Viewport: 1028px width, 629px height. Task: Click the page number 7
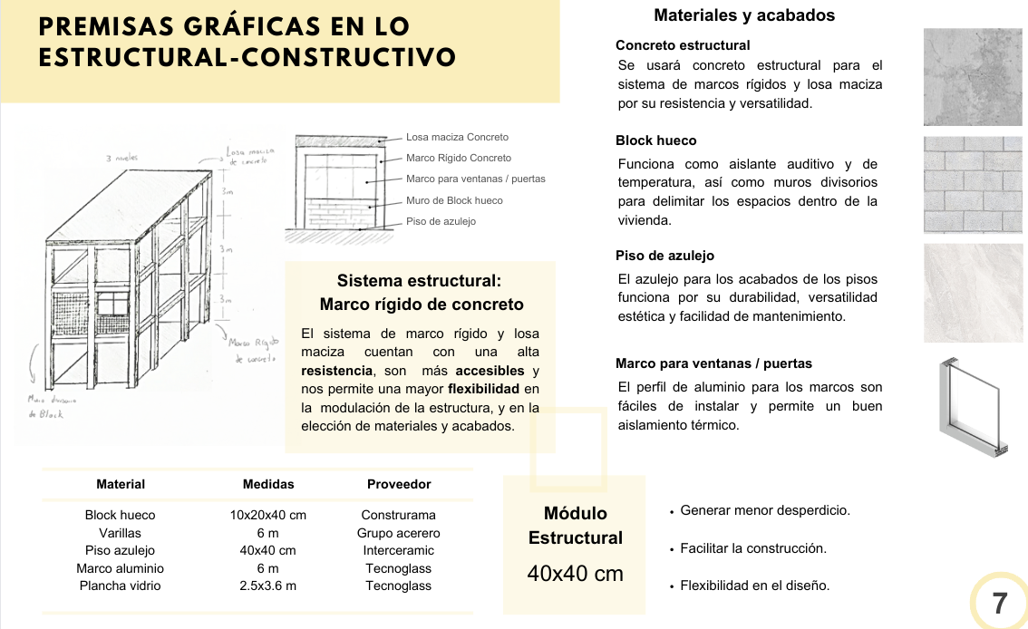click(x=1000, y=604)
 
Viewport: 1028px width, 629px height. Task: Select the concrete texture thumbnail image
click(x=972, y=77)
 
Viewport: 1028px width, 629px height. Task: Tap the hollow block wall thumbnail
click(x=972, y=185)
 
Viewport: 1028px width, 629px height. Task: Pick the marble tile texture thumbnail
click(x=972, y=293)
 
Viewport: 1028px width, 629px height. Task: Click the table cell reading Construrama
click(x=398, y=515)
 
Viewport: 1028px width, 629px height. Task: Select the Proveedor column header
click(x=399, y=484)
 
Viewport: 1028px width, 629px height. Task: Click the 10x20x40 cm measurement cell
click(x=267, y=515)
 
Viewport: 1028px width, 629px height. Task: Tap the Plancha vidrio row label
click(x=120, y=585)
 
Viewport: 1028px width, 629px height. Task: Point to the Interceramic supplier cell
click(x=398, y=550)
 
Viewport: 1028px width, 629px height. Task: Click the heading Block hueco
click(x=655, y=140)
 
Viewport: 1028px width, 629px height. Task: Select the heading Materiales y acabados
click(x=744, y=15)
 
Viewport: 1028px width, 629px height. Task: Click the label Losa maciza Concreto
click(x=457, y=137)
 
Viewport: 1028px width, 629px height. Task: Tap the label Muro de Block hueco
click(x=453, y=200)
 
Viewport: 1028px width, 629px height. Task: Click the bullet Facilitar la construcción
click(x=752, y=548)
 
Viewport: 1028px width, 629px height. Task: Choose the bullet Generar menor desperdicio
click(x=764, y=510)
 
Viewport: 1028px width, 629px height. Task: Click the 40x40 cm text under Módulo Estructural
click(x=575, y=574)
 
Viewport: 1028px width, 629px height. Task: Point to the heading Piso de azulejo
click(x=664, y=256)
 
